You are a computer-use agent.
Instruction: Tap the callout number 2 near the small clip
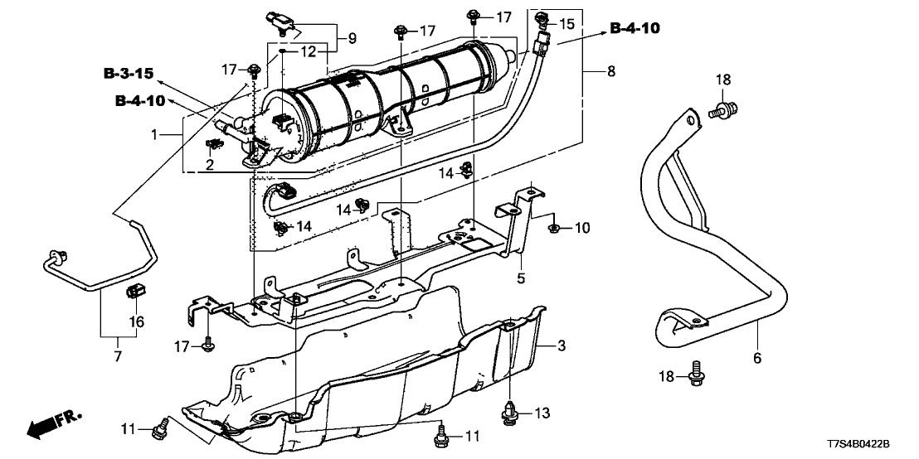pos(211,165)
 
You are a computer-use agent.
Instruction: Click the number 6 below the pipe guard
pos(756,359)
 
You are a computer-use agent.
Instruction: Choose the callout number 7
pos(116,356)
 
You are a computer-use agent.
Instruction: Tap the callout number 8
pos(611,72)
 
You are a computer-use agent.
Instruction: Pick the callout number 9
pos(352,37)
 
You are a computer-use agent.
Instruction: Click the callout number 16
pos(137,321)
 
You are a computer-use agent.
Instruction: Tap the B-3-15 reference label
pos(129,74)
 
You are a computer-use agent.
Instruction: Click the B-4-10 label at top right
pos(635,28)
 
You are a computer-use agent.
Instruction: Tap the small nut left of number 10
pos(553,226)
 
